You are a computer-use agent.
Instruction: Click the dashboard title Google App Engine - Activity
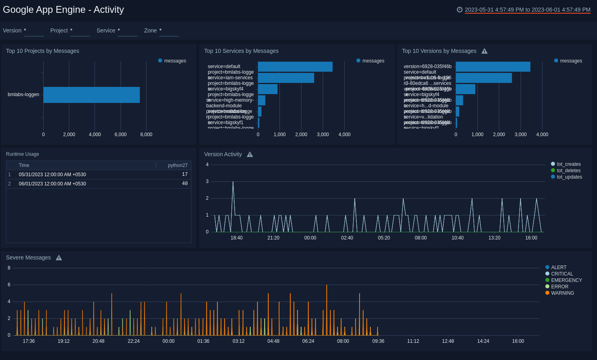(x=63, y=10)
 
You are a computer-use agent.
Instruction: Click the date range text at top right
(x=527, y=10)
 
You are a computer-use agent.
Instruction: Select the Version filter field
(x=34, y=31)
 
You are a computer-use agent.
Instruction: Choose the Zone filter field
(x=169, y=31)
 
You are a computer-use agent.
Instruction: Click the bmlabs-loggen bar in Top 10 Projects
(x=91, y=95)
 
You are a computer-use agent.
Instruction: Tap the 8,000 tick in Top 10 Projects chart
(x=146, y=135)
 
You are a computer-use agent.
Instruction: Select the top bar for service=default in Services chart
(x=295, y=67)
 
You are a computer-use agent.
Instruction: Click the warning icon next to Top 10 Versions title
(x=484, y=51)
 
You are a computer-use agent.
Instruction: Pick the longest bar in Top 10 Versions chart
(x=493, y=67)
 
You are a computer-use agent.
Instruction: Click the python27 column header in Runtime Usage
(x=177, y=165)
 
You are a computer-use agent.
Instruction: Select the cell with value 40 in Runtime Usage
(x=185, y=184)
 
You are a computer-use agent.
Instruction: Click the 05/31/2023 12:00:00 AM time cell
(x=52, y=175)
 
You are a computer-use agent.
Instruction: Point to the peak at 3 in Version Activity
(x=233, y=182)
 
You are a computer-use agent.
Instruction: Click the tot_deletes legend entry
(x=568, y=171)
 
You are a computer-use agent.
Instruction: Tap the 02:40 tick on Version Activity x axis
(x=347, y=238)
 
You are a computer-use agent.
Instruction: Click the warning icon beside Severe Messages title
(x=59, y=258)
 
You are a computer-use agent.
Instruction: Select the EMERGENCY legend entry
(x=566, y=280)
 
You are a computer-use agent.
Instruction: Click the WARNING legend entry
(x=562, y=293)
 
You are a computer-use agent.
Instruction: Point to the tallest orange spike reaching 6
(x=327, y=286)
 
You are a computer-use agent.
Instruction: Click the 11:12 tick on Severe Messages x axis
(x=413, y=341)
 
